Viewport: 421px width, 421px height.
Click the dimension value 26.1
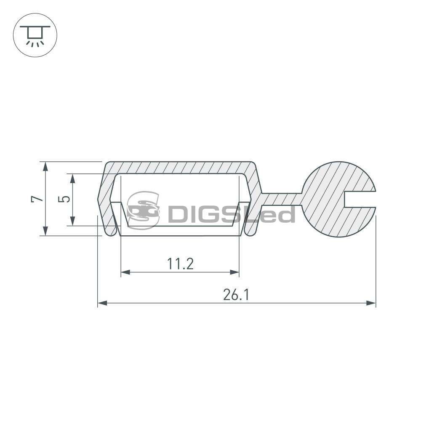tap(236, 295)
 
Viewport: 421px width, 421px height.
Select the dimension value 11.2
tap(180, 264)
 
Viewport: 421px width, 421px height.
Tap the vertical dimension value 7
tap(37, 199)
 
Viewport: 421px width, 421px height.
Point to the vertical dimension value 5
tap(64, 199)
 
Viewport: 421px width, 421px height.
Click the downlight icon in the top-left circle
tap(35, 35)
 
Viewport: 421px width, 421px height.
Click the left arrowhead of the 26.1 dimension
tap(102, 303)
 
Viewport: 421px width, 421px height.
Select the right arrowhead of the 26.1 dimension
tap(371, 303)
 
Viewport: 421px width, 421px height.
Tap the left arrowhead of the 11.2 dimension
tap(125, 272)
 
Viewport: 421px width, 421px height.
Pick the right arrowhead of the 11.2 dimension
tap(234, 272)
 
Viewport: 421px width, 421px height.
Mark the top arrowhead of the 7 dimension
tap(45, 166)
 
